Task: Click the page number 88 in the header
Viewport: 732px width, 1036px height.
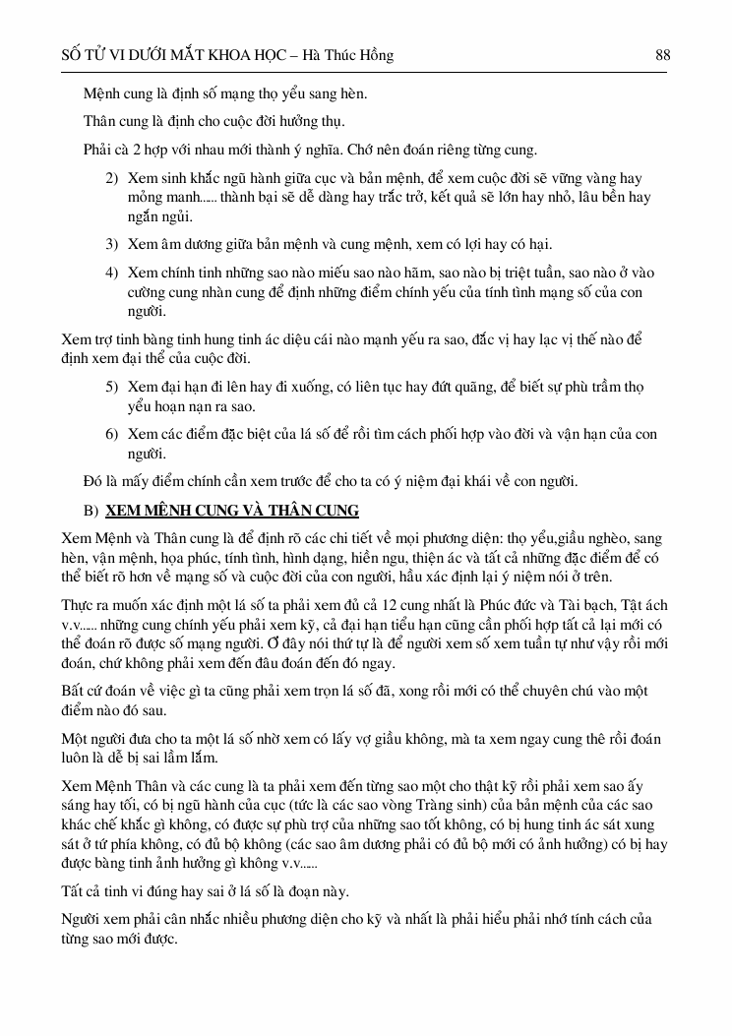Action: coord(662,56)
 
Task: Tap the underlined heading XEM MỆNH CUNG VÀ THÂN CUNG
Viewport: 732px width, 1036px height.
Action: coord(232,511)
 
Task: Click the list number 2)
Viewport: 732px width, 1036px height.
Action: coord(112,179)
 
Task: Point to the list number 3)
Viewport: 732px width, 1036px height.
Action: coord(112,244)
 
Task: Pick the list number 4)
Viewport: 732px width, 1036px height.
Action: coord(112,273)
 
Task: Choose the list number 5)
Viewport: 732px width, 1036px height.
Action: coord(112,387)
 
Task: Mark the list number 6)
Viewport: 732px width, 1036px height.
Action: coord(112,434)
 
